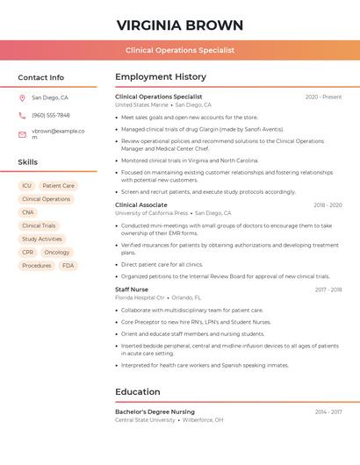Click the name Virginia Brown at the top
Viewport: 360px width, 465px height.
tap(179, 25)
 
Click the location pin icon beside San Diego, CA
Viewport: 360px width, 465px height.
tap(22, 98)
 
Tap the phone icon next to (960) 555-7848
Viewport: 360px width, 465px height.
tap(22, 116)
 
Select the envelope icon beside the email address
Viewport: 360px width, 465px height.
tap(22, 133)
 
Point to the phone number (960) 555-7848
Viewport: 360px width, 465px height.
tap(51, 116)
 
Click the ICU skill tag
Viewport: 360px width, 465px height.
tap(26, 186)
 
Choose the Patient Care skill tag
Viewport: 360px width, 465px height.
tap(58, 186)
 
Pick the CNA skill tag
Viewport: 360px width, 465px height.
tap(28, 212)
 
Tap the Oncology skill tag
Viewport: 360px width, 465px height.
tap(56, 253)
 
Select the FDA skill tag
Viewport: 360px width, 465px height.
tap(68, 266)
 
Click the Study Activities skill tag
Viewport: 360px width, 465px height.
tap(41, 239)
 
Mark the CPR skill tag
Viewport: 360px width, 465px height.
tap(28, 253)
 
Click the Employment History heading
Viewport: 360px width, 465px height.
tap(161, 77)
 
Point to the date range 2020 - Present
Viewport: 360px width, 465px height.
tap(323, 97)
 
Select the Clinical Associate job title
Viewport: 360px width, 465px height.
tap(141, 205)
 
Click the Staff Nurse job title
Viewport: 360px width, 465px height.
tap(132, 290)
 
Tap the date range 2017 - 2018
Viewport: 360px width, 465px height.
tap(328, 290)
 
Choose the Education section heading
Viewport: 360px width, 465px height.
tap(138, 392)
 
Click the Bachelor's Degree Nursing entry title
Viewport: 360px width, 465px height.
tap(155, 411)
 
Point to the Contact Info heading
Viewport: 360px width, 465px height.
tap(40, 77)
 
